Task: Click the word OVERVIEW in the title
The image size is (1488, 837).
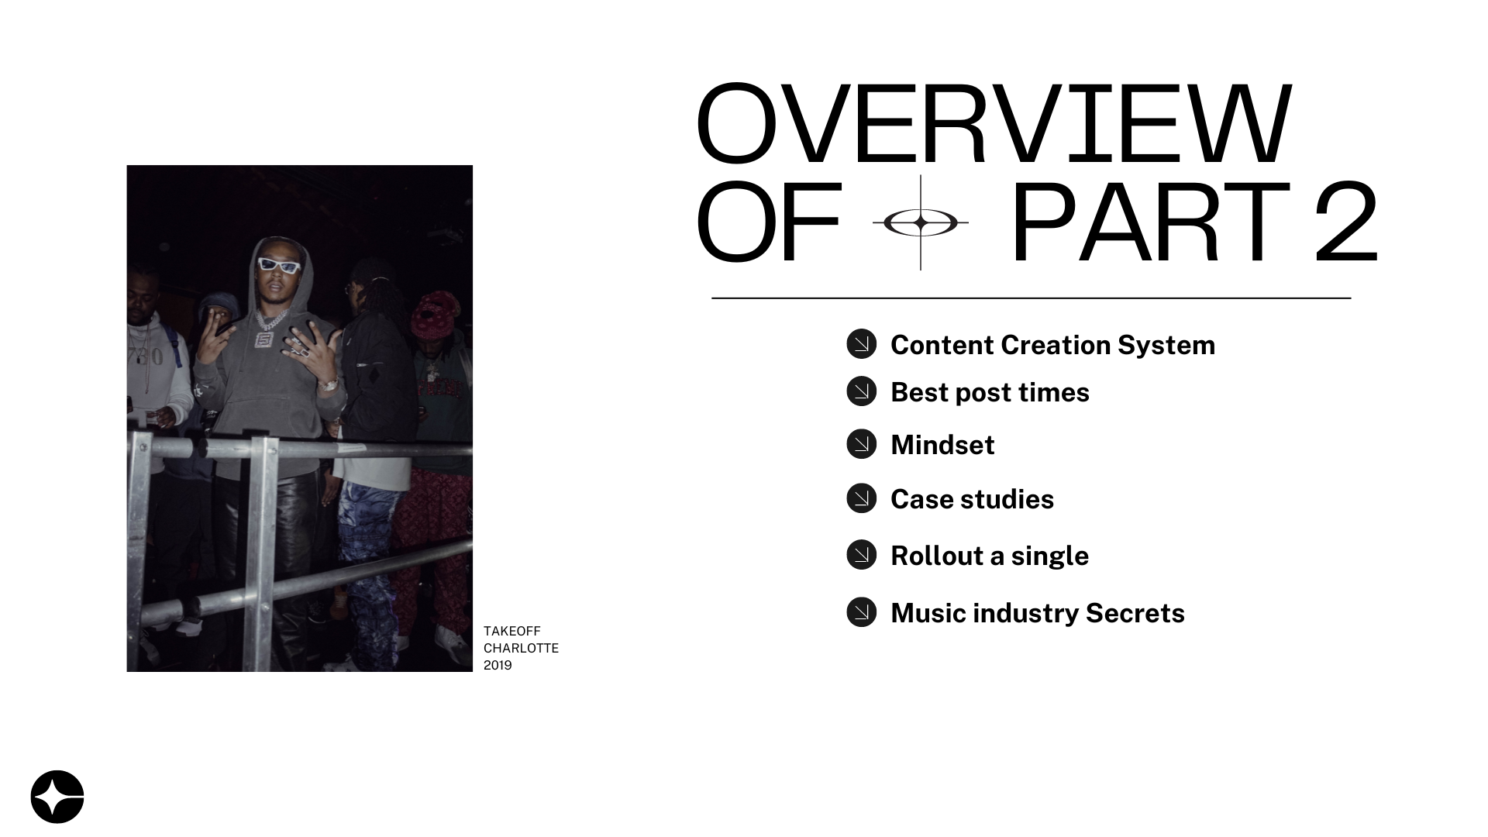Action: (x=994, y=124)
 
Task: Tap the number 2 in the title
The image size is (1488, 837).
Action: (x=1346, y=222)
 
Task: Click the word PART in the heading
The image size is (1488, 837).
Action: (x=1150, y=222)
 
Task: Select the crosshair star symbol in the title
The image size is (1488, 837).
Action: (x=921, y=223)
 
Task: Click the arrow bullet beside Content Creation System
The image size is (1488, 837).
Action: (x=861, y=343)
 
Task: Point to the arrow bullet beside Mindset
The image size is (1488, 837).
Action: (x=861, y=444)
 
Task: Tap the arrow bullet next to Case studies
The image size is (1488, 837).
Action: (x=861, y=498)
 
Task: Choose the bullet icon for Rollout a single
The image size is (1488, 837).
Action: (x=861, y=555)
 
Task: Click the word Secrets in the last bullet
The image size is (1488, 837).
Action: (x=1135, y=613)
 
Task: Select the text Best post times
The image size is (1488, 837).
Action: (x=990, y=393)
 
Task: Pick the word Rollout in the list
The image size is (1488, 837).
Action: (x=937, y=556)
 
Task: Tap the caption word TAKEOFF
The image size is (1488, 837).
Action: (x=512, y=631)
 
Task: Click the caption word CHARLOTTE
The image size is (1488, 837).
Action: (x=521, y=648)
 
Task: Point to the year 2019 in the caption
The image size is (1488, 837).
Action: (x=498, y=665)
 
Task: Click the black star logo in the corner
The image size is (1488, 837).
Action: (x=57, y=797)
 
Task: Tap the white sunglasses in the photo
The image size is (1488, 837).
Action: (x=278, y=266)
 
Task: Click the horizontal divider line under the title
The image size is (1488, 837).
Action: (x=1032, y=298)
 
